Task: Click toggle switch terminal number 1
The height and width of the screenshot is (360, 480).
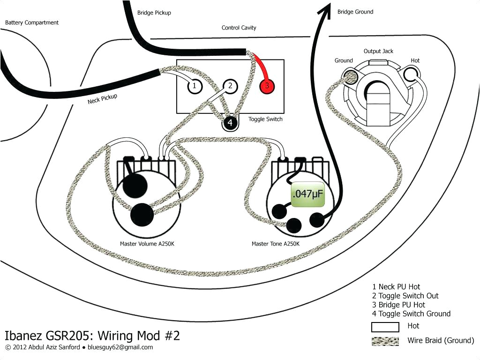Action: tap(194, 86)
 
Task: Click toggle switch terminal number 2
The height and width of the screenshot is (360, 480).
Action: tap(230, 86)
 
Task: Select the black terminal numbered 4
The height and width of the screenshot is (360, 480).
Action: tap(230, 123)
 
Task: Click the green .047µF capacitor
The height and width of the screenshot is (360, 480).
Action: tap(307, 193)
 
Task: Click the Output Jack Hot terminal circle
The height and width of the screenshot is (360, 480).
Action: tap(414, 73)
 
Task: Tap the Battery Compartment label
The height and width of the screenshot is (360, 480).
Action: tap(32, 22)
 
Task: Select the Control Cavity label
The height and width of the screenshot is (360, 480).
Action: tap(239, 28)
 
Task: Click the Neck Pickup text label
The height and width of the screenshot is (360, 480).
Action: tap(102, 99)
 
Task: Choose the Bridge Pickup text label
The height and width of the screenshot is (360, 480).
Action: tap(154, 13)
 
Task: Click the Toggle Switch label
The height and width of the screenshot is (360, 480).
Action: tap(265, 119)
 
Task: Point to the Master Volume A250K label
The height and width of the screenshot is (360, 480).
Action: tap(144, 244)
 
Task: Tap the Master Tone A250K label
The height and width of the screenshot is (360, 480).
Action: tap(275, 244)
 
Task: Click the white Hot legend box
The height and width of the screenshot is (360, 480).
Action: tap(385, 327)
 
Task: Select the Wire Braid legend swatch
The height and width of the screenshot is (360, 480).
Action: tap(385, 341)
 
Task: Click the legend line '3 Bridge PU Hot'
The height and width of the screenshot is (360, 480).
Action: tap(398, 305)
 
